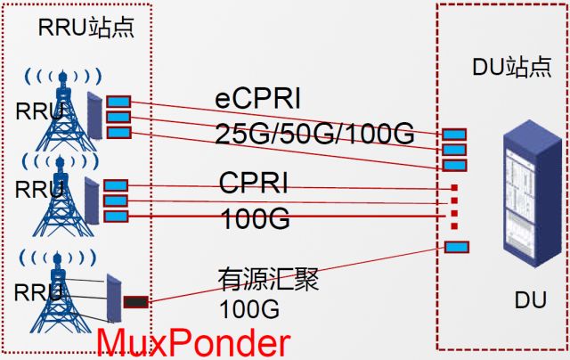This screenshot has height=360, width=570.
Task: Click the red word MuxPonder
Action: (x=192, y=342)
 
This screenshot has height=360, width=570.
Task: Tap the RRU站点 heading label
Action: (x=86, y=28)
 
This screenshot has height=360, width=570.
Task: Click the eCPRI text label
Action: (x=258, y=97)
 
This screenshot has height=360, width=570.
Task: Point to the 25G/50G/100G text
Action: (x=314, y=134)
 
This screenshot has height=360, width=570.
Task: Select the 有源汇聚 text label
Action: (x=268, y=279)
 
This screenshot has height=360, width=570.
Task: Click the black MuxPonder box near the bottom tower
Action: (x=136, y=302)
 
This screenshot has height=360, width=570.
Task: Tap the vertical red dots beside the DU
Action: (x=454, y=206)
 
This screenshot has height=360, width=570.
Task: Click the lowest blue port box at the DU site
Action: (x=456, y=247)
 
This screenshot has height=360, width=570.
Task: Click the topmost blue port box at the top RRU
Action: (x=118, y=101)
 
